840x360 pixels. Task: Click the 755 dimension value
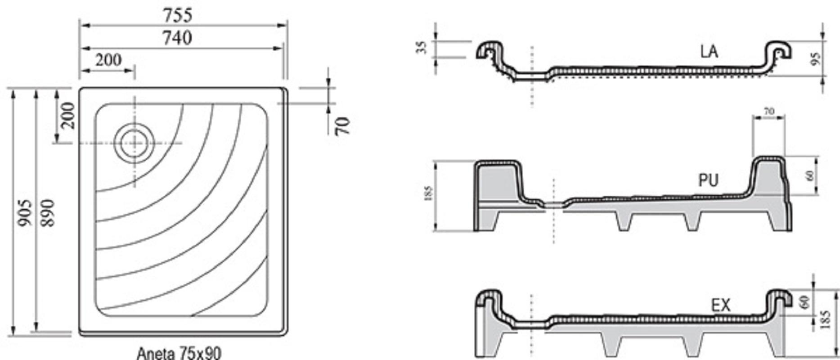(178, 15)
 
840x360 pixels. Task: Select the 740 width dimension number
(177, 38)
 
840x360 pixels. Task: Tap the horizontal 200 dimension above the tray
(108, 60)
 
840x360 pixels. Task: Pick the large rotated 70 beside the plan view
(342, 126)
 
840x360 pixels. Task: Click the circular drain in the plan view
(135, 142)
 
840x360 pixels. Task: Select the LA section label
(709, 52)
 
